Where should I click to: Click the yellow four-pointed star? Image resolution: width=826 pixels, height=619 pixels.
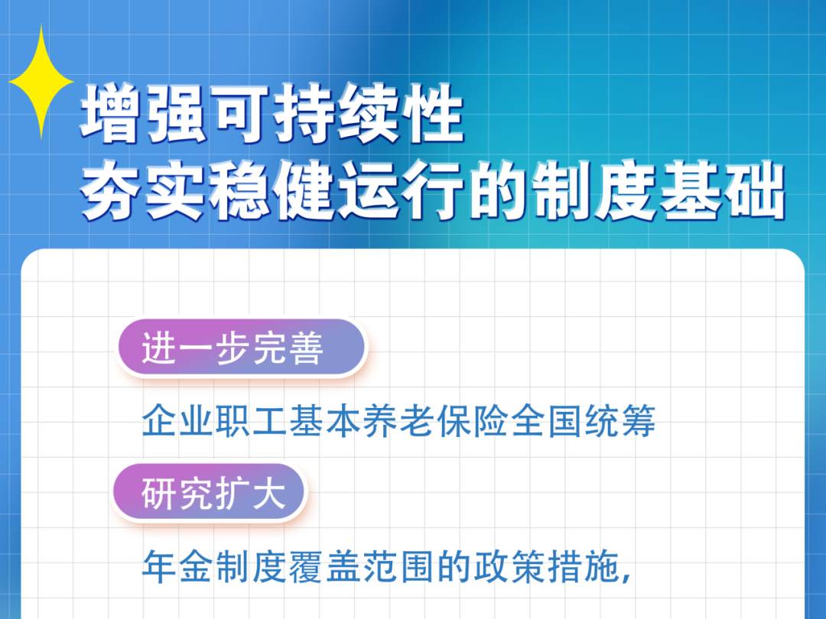click(x=41, y=82)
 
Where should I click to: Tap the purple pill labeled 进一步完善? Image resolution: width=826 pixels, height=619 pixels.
click(x=241, y=348)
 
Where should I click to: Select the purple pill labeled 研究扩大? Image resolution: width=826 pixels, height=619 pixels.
click(x=210, y=493)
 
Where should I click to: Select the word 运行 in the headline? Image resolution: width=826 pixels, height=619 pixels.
click(x=400, y=190)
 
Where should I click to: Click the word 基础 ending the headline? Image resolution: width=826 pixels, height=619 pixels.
click(x=723, y=190)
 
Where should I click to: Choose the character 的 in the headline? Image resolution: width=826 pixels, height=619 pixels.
click(x=497, y=190)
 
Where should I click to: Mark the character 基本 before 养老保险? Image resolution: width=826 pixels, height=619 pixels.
click(x=325, y=421)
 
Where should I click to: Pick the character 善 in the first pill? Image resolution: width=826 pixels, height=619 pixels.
click(x=306, y=348)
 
